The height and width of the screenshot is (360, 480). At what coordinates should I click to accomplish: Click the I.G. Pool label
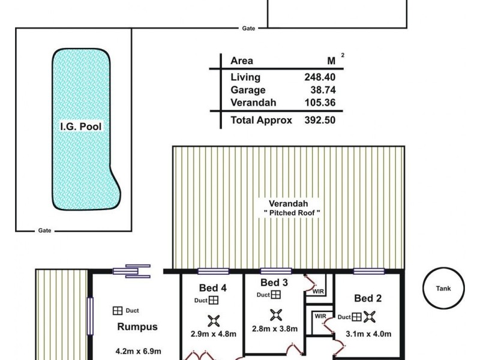[81, 127]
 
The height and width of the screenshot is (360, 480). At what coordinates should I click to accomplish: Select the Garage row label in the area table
[247, 90]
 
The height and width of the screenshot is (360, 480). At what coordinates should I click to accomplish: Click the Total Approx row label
[261, 120]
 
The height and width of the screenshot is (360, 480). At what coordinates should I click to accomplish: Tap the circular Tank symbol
[443, 289]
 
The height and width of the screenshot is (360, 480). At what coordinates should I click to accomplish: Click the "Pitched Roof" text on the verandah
[292, 212]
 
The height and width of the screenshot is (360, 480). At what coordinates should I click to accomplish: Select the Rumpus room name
[137, 327]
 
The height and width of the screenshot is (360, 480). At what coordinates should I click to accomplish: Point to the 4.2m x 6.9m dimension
[138, 352]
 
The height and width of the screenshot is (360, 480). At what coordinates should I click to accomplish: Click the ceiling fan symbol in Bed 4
[212, 320]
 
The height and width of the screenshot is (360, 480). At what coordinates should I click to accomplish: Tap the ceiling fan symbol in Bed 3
[277, 314]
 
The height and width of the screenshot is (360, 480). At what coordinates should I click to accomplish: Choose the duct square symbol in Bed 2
[356, 317]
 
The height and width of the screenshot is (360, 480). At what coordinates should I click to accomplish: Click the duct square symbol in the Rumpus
[118, 310]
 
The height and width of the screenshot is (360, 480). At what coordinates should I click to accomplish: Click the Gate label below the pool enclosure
[44, 230]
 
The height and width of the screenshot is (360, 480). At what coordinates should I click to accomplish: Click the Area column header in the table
[242, 61]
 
